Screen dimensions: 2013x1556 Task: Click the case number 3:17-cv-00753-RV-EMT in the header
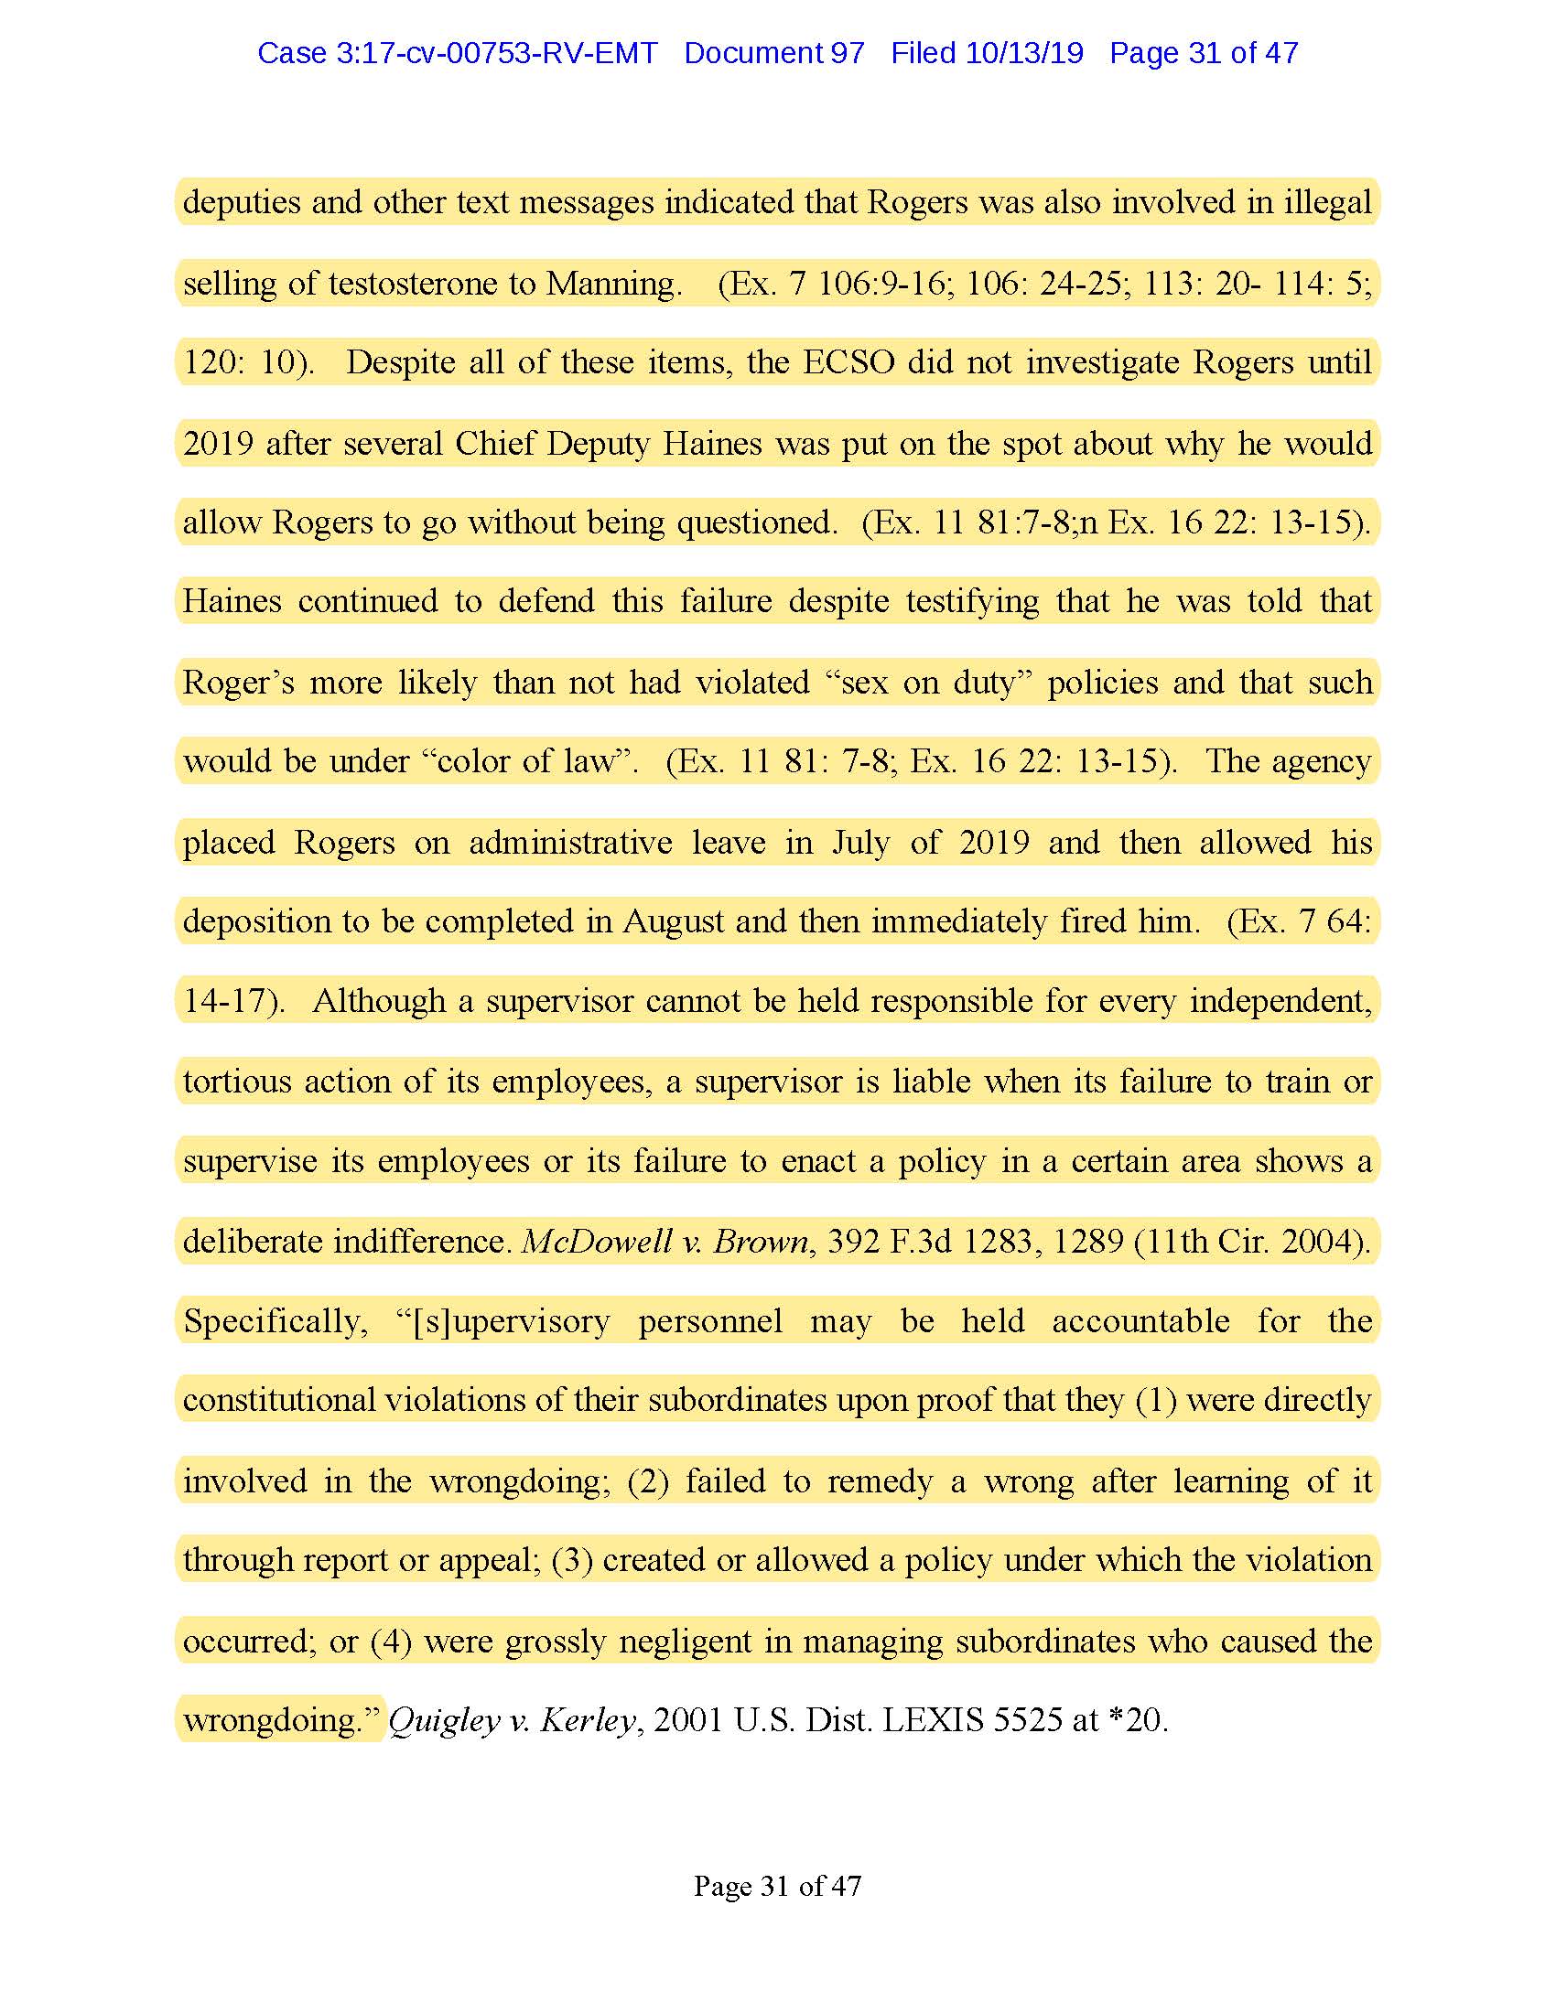[496, 53]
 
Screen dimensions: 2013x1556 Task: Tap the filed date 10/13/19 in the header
[1023, 53]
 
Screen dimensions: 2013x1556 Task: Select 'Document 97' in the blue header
[773, 53]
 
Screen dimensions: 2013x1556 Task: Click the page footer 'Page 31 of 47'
[777, 1886]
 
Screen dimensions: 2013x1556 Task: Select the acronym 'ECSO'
[848, 362]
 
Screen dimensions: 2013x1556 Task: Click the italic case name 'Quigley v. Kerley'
[512, 1720]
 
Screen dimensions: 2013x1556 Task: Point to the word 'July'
[860, 843]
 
